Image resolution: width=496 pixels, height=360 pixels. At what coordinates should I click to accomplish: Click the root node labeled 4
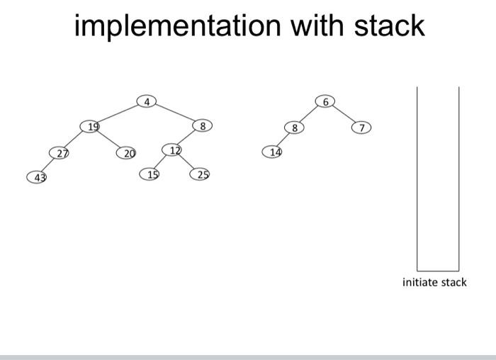pyautogui.click(x=147, y=101)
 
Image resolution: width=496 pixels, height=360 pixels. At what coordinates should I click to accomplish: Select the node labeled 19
pyautogui.click(x=90, y=127)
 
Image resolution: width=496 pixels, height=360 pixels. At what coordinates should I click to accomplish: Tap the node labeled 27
pyautogui.click(x=59, y=153)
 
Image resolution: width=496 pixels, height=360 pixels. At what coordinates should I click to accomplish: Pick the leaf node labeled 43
pyautogui.click(x=37, y=177)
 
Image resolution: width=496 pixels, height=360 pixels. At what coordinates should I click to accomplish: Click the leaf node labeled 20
pyautogui.click(x=126, y=153)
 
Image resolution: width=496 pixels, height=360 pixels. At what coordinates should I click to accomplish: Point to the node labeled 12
pyautogui.click(x=171, y=150)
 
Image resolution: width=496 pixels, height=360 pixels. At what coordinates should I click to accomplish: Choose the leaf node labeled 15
pyautogui.click(x=150, y=174)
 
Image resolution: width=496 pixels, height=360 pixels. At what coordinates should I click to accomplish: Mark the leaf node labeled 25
pyautogui.click(x=200, y=174)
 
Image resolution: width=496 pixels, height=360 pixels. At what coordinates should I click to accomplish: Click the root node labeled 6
pyautogui.click(x=325, y=101)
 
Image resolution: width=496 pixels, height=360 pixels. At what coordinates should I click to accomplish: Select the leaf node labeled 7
pyautogui.click(x=361, y=128)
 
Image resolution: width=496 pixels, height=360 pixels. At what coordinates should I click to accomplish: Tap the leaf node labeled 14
pyautogui.click(x=272, y=152)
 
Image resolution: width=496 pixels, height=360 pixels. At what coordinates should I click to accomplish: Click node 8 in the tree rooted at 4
pyautogui.click(x=203, y=125)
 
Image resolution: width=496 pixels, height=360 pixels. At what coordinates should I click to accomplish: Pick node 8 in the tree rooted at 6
pyautogui.click(x=294, y=128)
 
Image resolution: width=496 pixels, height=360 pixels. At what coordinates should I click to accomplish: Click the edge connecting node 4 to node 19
pyautogui.click(x=118, y=114)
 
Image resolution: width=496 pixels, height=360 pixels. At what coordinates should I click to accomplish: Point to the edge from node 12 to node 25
pyautogui.click(x=186, y=162)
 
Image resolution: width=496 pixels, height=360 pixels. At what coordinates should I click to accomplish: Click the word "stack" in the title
pyautogui.click(x=390, y=26)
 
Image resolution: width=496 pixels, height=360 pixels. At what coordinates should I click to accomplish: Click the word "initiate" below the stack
pyautogui.click(x=420, y=282)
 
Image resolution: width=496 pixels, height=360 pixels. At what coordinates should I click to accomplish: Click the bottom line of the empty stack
pyautogui.click(x=438, y=271)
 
